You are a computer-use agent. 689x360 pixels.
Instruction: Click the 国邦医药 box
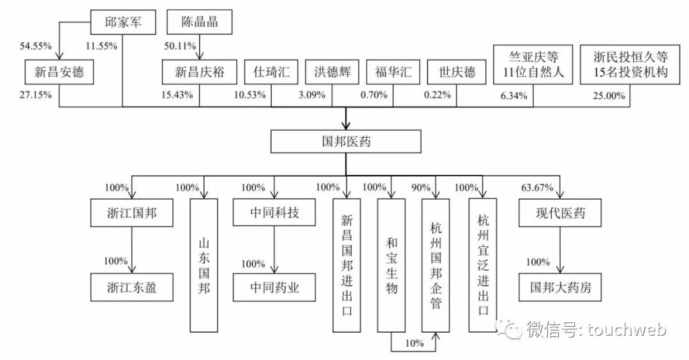[346, 141]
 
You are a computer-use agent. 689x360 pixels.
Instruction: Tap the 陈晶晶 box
[200, 22]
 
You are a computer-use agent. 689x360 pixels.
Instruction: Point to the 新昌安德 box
[60, 72]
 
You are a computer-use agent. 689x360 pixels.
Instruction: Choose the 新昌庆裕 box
[200, 72]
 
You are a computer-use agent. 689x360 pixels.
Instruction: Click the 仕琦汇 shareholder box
[271, 72]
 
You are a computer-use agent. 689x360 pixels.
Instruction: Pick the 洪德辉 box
[332, 72]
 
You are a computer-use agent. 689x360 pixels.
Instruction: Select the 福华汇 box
[393, 72]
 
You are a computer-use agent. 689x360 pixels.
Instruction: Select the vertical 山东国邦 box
[204, 265]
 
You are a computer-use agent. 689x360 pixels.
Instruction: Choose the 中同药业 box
[274, 288]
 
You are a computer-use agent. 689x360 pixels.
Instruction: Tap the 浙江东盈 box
[131, 288]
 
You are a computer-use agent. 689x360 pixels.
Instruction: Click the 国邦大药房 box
[559, 288]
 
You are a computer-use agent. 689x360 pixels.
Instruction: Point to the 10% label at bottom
[414, 343]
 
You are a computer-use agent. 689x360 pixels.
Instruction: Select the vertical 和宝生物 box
[392, 265]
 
